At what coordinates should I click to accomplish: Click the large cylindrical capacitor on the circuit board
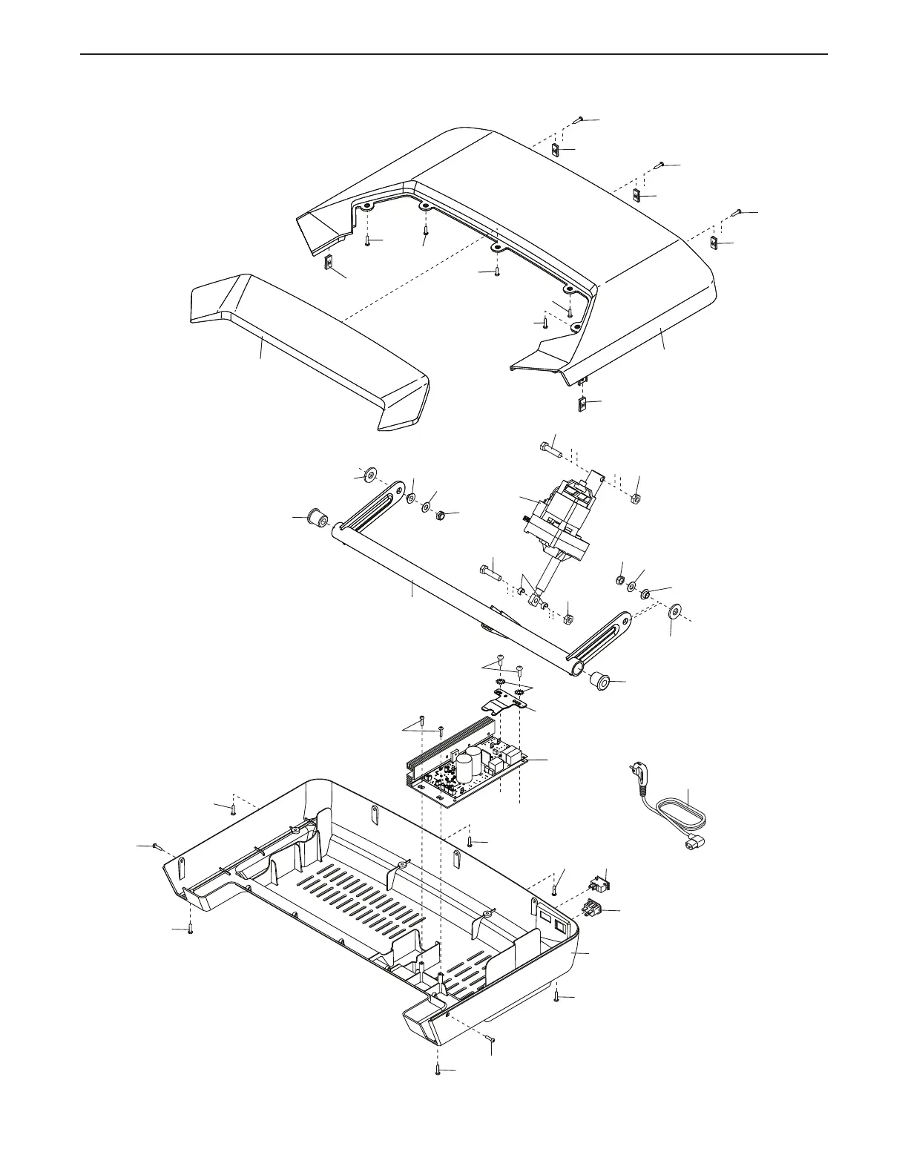(x=467, y=767)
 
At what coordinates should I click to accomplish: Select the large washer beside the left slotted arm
(x=369, y=474)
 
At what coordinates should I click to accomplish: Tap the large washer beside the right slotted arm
(x=674, y=611)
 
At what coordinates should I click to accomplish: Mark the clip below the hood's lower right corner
(x=582, y=404)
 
